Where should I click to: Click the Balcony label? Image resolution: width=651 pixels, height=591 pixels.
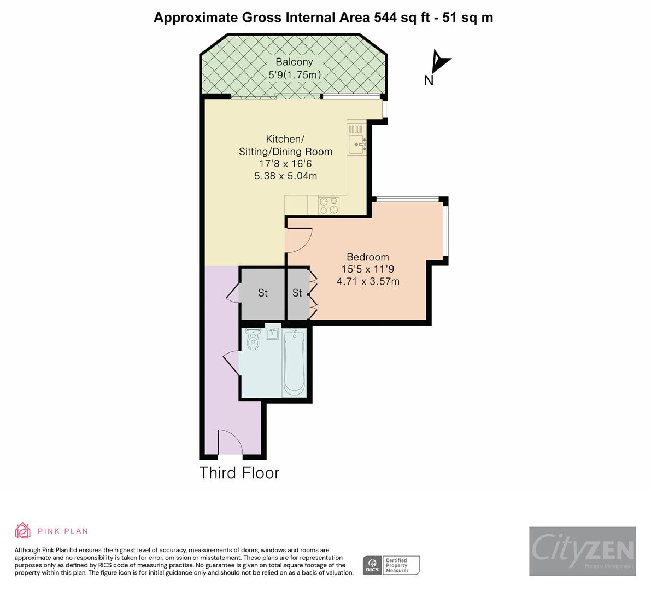pos(294,62)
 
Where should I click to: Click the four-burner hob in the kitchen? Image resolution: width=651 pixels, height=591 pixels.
pos(329,205)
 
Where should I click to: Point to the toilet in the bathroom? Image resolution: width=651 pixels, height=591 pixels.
pos(253,339)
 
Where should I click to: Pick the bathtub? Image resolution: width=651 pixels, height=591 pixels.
pos(295,362)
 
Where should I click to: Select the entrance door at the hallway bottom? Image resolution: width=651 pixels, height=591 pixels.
pos(231,442)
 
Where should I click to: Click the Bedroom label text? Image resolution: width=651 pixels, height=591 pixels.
pos(368,257)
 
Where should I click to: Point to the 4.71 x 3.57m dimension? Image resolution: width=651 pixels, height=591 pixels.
pos(368,281)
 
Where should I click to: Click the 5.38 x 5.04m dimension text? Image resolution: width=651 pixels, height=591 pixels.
pos(286,176)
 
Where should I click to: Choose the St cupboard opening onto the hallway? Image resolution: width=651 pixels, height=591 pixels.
pos(263,293)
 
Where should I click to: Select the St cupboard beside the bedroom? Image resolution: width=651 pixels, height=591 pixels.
pos(297,293)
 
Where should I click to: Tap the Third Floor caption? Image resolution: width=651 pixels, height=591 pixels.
pos(239,473)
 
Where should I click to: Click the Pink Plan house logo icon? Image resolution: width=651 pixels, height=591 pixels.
pos(23,531)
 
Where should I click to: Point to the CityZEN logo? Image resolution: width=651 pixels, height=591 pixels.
pos(583,551)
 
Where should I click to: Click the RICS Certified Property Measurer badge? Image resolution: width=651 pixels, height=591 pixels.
pos(391,565)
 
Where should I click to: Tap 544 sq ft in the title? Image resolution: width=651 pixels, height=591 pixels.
pos(402,18)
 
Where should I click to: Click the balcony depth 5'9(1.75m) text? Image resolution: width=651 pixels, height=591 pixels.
pos(295,75)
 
